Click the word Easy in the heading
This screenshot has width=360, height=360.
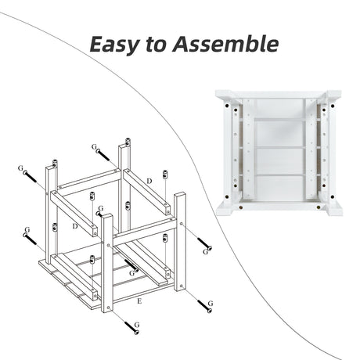[x=113, y=45]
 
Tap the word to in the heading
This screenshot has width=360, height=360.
[x=156, y=44]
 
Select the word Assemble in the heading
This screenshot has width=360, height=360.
[x=225, y=43]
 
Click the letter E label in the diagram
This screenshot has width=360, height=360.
[x=139, y=301]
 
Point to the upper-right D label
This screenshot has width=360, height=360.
[x=149, y=181]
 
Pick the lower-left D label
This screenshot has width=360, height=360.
[x=75, y=226]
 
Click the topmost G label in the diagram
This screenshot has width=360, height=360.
[x=94, y=147]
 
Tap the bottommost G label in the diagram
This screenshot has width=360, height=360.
[x=137, y=325]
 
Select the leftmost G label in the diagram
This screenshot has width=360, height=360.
[x=20, y=168]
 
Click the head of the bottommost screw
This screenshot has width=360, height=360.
[x=136, y=332]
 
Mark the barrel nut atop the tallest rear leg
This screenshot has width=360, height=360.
[x=128, y=142]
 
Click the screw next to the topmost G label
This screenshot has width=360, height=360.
[x=103, y=155]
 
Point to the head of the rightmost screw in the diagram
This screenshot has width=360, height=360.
[x=210, y=248]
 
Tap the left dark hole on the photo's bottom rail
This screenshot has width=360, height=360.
[x=240, y=207]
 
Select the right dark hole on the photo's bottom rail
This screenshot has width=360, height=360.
[x=319, y=207]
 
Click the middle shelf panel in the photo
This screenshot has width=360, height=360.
[x=279, y=161]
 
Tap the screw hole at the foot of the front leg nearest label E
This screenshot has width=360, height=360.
[x=109, y=308]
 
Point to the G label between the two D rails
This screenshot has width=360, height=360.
[x=101, y=208]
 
